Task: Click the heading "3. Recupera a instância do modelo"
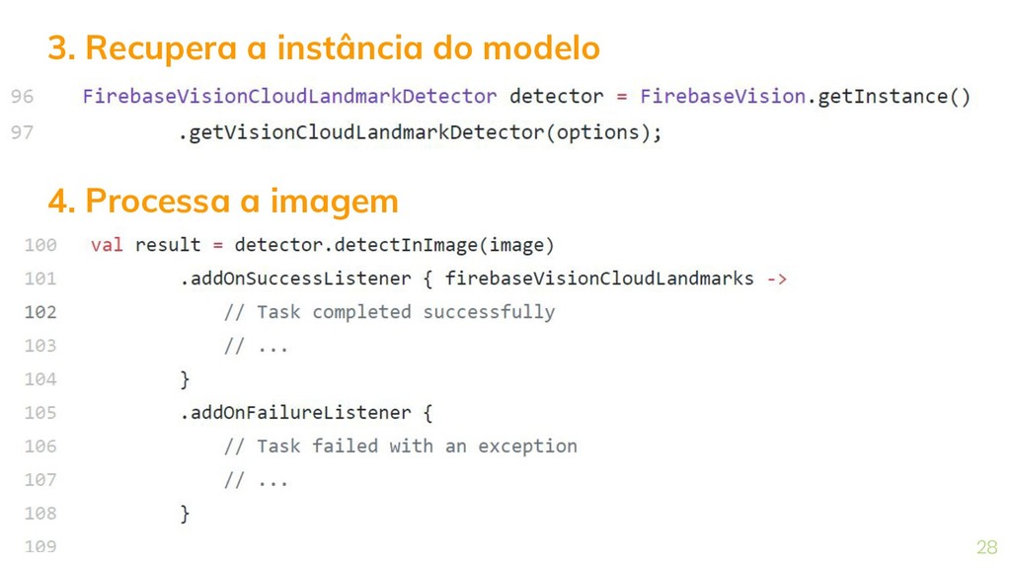point(324,47)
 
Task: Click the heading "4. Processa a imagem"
point(223,201)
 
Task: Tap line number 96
point(22,97)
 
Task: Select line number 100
point(39,245)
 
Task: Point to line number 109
point(39,546)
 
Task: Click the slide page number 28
point(986,547)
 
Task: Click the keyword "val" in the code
point(107,245)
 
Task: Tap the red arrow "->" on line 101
point(776,279)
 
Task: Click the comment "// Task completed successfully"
point(389,312)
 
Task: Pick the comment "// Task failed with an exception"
point(400,447)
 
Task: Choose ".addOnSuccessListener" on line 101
point(295,279)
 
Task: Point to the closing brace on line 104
point(185,379)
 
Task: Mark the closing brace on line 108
point(185,514)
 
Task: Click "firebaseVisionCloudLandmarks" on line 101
point(599,279)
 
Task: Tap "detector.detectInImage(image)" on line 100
point(394,245)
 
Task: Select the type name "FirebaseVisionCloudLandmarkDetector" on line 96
point(289,97)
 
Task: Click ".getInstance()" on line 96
point(890,97)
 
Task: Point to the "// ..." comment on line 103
point(256,346)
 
